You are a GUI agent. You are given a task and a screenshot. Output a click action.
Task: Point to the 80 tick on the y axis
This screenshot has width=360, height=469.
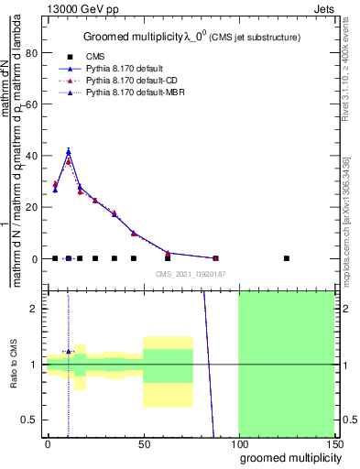pyautogui.click(x=32, y=52)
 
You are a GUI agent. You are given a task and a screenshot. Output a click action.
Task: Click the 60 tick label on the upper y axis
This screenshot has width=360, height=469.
pyautogui.click(x=32, y=104)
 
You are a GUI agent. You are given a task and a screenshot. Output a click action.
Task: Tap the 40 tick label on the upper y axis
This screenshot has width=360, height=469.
pyautogui.click(x=32, y=156)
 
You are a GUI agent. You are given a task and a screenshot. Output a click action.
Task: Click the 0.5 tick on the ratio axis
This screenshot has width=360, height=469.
pyautogui.click(x=30, y=420)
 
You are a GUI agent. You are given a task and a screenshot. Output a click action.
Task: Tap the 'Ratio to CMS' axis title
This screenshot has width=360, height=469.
pyautogui.click(x=14, y=365)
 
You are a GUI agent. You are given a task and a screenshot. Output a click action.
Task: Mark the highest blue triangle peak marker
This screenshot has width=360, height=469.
pyautogui.click(x=69, y=151)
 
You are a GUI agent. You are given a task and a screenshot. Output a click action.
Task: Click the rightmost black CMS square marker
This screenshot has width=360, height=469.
pyautogui.click(x=287, y=258)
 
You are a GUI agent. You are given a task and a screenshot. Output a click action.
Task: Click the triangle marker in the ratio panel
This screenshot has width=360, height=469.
pyautogui.click(x=69, y=351)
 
